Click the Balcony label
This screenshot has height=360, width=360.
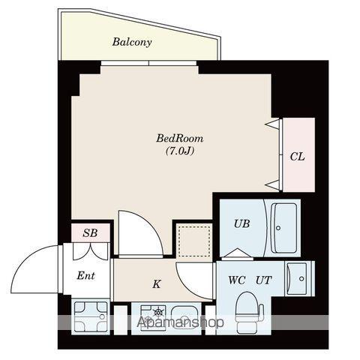point(132,43)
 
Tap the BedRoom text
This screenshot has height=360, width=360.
point(180,139)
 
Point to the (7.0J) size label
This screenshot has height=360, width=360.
point(180,151)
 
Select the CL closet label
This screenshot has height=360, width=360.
point(297,157)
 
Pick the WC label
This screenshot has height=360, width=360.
point(237,281)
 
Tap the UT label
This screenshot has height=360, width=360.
point(263,281)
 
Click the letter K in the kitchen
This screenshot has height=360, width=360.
point(156,284)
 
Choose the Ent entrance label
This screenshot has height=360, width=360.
point(86,275)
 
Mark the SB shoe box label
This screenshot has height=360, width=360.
point(90,233)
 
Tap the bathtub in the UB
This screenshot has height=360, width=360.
point(284,227)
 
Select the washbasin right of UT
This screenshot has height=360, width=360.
point(301,278)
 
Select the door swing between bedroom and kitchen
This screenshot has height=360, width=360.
point(139,232)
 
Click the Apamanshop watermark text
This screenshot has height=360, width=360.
point(180,324)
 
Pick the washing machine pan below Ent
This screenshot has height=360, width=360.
point(91,316)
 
